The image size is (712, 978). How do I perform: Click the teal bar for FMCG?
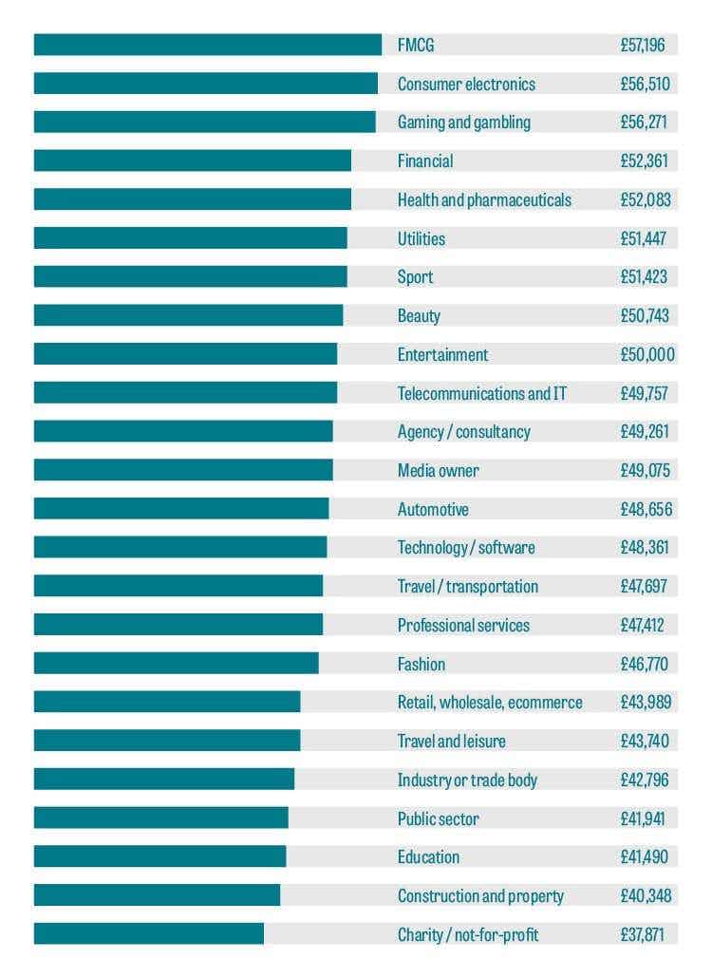pos(207,45)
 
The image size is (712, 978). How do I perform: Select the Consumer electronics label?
pos(466,84)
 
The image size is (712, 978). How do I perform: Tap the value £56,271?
pos(643,122)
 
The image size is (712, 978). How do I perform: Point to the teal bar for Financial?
pos(192,160)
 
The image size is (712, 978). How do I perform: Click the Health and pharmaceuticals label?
pos(484,199)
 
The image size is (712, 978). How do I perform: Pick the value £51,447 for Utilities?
pos(644,238)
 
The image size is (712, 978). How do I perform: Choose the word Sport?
pos(415,277)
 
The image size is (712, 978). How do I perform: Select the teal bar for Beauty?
pos(188,315)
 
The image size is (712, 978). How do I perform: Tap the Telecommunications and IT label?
pos(481,393)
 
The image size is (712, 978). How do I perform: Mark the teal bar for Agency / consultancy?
pos(183,431)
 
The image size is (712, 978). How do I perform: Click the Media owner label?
pos(438,470)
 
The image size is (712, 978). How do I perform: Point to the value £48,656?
pos(646,509)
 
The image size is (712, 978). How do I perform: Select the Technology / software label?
pos(465,548)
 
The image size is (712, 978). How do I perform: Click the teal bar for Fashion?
pos(176,664)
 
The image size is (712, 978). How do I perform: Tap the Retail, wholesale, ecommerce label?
pos(490,703)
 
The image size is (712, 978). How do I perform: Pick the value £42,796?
pos(645,780)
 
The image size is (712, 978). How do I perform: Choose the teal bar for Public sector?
pos(160,818)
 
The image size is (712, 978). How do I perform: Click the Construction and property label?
pos(480,896)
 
